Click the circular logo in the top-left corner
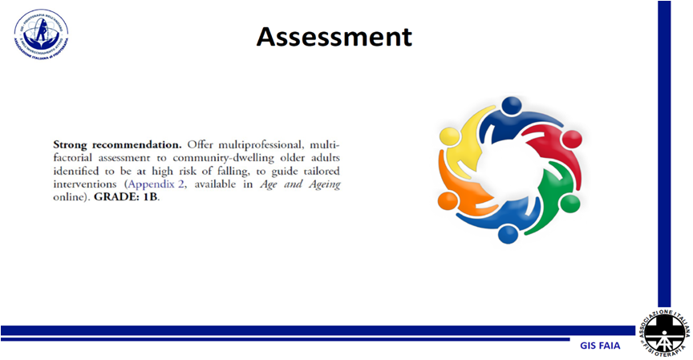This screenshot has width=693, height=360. pyautogui.click(x=40, y=34)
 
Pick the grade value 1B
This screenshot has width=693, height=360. pyautogui.click(x=151, y=197)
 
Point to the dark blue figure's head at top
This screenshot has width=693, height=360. pyautogui.click(x=511, y=105)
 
